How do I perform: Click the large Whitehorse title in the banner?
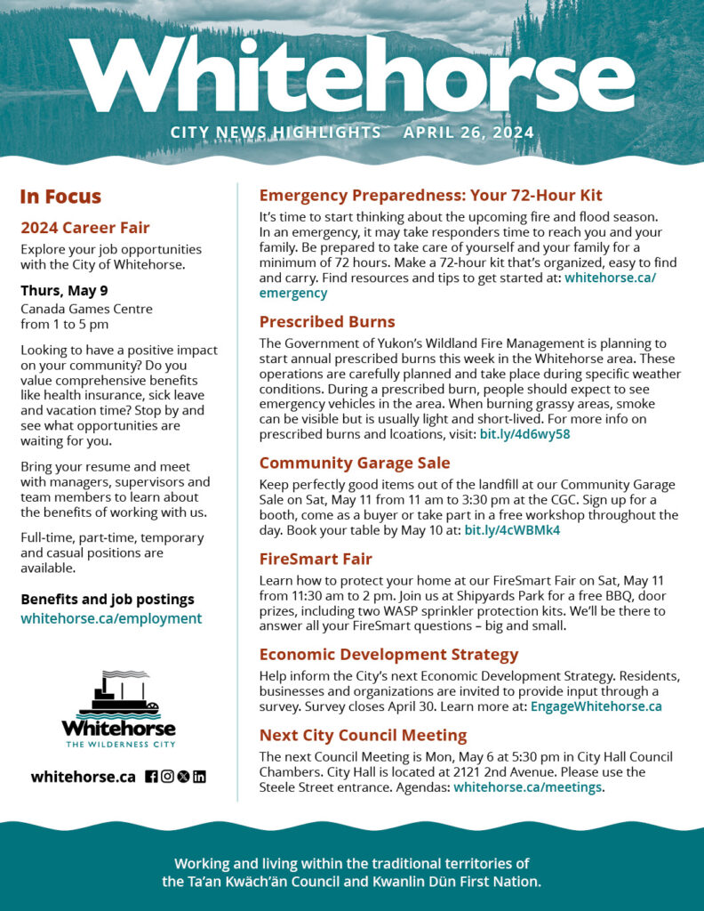(x=352, y=76)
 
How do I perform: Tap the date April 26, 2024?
(x=468, y=133)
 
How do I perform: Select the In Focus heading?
(x=60, y=197)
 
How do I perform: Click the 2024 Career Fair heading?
(x=85, y=228)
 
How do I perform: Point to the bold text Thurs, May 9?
(x=65, y=290)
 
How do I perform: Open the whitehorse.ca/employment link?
(x=111, y=618)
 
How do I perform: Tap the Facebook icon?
(x=151, y=777)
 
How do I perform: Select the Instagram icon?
(x=167, y=777)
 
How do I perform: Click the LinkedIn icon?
(x=199, y=777)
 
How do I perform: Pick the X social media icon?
(x=183, y=777)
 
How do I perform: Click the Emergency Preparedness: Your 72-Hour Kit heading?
(x=430, y=196)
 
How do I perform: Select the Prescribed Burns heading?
(x=327, y=322)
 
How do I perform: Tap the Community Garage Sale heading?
(x=355, y=464)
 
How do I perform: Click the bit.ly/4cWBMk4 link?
(x=512, y=530)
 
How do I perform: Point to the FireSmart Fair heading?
(x=316, y=560)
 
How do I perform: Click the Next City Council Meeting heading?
(x=363, y=736)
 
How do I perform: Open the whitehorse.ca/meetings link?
(x=527, y=787)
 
